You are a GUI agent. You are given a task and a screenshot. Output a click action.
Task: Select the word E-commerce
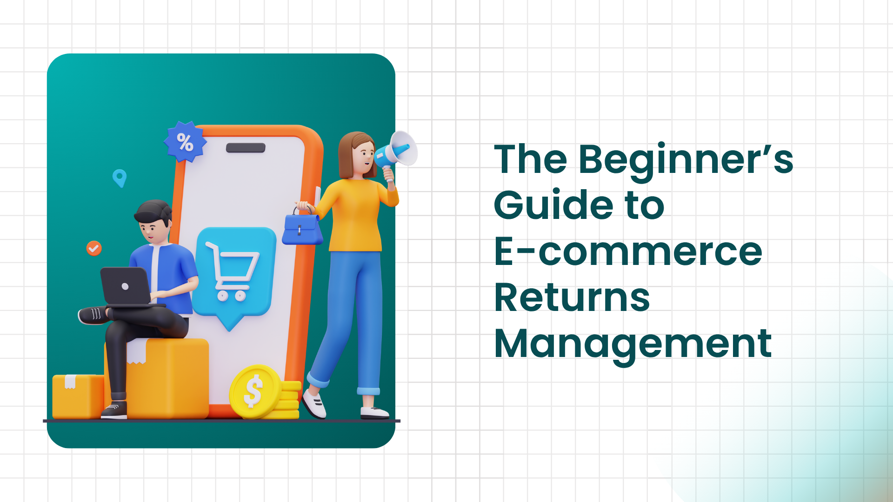point(628,251)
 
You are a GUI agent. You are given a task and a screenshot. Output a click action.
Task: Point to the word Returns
point(572,297)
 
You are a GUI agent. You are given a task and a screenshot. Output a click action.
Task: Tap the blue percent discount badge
point(185,142)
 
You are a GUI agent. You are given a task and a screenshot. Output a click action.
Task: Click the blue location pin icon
point(120,177)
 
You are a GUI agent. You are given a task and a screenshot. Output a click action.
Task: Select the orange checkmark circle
point(94,248)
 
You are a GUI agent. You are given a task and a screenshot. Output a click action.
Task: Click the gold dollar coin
point(254,391)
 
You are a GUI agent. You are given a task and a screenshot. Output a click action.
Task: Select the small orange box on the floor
point(77,396)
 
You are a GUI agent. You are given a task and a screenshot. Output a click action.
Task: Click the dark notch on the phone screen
point(246,148)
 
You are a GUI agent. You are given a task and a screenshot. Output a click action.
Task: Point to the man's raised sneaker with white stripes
point(93,315)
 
